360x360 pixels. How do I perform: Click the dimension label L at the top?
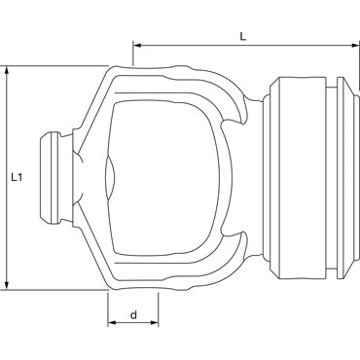(243, 36)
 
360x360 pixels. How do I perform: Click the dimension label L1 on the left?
(17, 177)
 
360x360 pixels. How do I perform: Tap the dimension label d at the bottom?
(133, 314)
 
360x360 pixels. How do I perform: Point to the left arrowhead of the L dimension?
(138, 46)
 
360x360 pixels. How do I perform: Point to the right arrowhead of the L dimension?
(355, 46)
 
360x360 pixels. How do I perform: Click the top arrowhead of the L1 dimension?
(7, 70)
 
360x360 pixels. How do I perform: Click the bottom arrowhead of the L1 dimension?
(7, 284)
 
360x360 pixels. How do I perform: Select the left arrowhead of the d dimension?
(112, 323)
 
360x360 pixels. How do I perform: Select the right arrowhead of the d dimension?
(154, 323)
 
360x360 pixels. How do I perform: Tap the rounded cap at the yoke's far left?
(51, 177)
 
